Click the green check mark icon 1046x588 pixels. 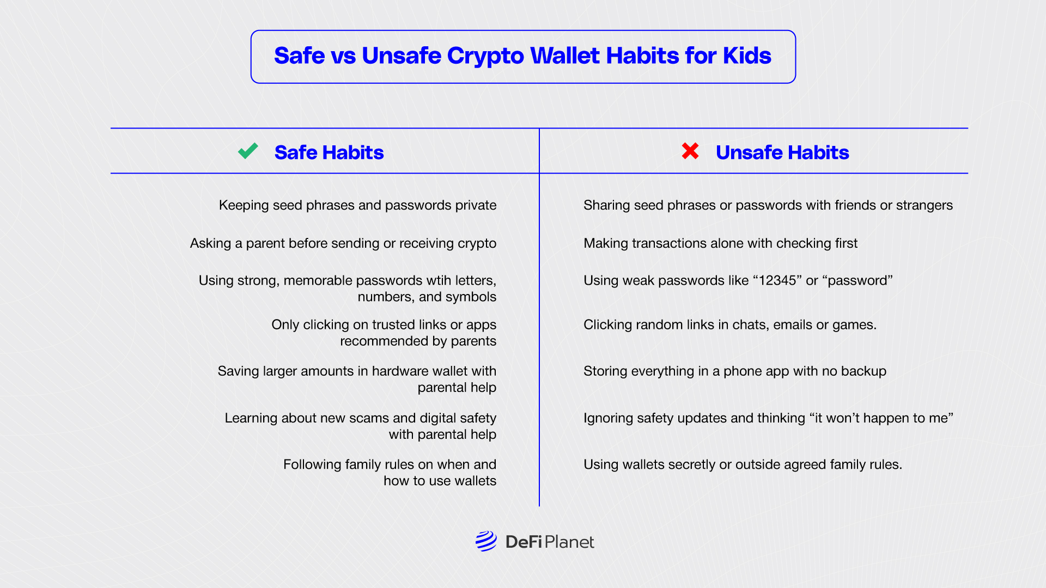pos(248,151)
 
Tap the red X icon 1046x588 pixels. pos(690,151)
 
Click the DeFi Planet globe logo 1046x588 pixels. pos(486,541)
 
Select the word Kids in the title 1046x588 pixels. pos(747,56)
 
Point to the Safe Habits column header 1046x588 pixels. pos(329,152)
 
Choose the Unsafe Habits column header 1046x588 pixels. pos(782,152)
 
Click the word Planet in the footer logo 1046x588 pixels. pos(569,542)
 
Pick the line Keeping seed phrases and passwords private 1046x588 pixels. pos(357,205)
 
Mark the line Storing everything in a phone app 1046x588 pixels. pos(735,371)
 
